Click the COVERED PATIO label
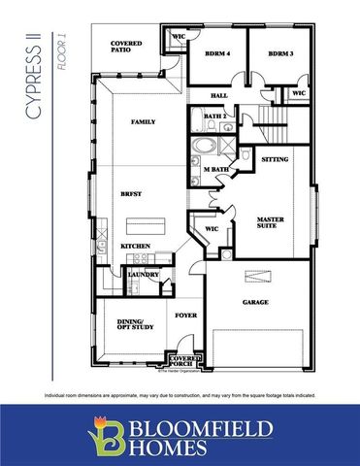[x=127, y=47]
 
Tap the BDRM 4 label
[x=216, y=53]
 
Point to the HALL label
[x=219, y=95]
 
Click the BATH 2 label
[x=215, y=116]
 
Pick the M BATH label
[x=216, y=169]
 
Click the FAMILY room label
[x=145, y=121]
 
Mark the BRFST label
[x=133, y=193]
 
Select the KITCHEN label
[x=135, y=247]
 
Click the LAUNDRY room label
[x=143, y=275]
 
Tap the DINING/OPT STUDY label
[x=130, y=325]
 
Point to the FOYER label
[x=184, y=315]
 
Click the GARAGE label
[x=255, y=302]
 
